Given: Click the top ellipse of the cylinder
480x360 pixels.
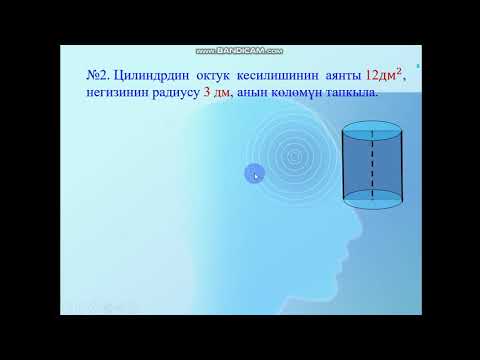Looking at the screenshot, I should pos(373,131).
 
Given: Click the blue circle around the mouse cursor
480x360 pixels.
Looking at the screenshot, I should pos(254,174).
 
